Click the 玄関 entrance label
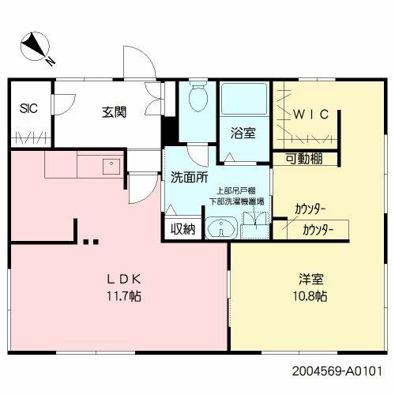click(115, 112)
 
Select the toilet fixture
click(197, 100)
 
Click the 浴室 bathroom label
click(243, 133)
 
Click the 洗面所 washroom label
click(188, 177)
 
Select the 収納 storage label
click(184, 230)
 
